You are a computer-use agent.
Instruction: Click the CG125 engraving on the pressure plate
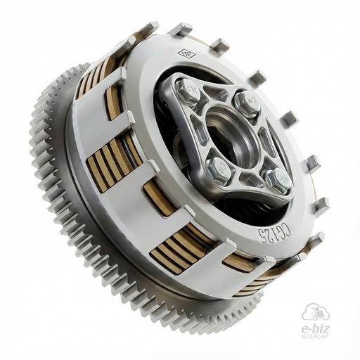275,238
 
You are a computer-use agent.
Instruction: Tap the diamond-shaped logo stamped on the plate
186,54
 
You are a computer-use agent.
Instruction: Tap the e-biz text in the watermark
315,330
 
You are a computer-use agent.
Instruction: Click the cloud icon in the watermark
315,312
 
